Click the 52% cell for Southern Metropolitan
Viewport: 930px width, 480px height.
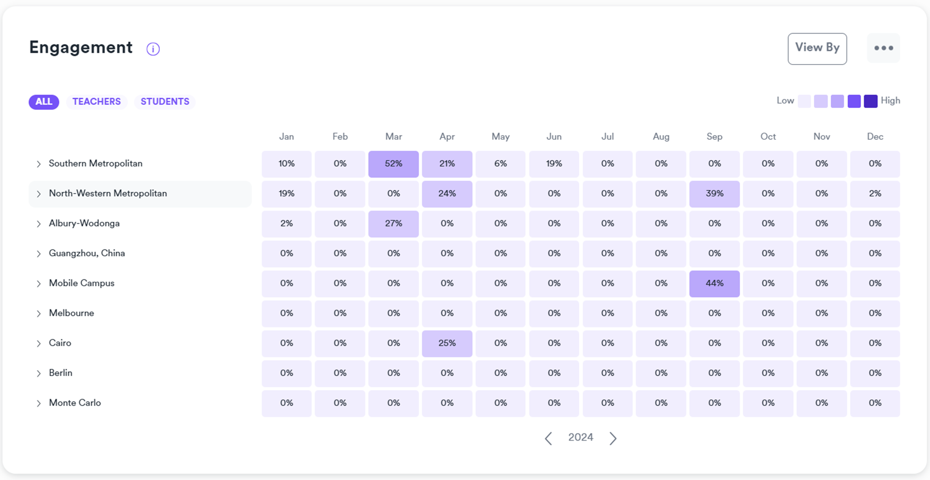tap(393, 164)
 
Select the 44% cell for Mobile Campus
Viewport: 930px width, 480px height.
tap(714, 284)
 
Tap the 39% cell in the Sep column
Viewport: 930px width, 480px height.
tap(714, 194)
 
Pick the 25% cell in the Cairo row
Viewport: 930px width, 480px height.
tap(447, 343)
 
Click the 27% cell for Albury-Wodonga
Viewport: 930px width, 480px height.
tap(393, 224)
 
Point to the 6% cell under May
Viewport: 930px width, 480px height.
tap(500, 164)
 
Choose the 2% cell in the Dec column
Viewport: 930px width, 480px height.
tap(874, 194)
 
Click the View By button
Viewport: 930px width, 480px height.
tap(817, 48)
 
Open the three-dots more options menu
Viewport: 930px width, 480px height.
tap(883, 48)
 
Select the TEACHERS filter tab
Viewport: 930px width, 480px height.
tap(96, 102)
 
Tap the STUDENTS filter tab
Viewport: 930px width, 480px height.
tap(165, 102)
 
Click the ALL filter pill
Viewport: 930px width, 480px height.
tap(44, 102)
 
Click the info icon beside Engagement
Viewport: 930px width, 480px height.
tap(153, 49)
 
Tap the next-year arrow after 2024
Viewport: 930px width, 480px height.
tap(613, 438)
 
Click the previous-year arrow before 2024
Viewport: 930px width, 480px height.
tap(548, 438)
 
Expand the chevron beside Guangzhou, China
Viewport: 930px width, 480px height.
tap(39, 254)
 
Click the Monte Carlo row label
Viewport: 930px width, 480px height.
tap(75, 403)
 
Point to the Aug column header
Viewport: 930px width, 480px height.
tap(661, 137)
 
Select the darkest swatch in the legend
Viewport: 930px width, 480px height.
tap(870, 101)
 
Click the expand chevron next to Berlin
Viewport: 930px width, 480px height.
tap(39, 373)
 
